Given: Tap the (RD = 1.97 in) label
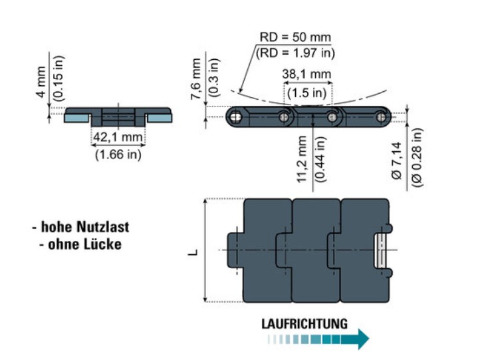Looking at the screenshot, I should [x=295, y=52].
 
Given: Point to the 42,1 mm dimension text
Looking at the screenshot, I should [x=118, y=137].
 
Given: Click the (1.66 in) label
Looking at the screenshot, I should [x=118, y=155].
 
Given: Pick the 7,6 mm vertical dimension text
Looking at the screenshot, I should [x=195, y=79].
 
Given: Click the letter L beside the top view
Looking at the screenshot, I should [x=193, y=251].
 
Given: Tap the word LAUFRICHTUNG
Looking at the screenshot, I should [x=304, y=324].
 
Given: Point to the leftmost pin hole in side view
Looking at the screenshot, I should [x=237, y=118].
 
